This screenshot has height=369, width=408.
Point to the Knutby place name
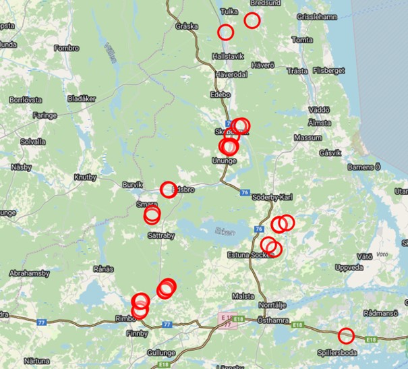pos(86,177)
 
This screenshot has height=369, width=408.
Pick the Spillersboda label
pos(337,352)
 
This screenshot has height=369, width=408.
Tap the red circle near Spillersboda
pos(346,335)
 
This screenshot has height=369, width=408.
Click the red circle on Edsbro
pos(168,190)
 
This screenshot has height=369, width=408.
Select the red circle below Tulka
pos(225,32)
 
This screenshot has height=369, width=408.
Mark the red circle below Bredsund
pos(252,20)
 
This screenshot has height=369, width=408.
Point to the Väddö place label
pos(318,110)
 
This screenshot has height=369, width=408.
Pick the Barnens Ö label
pos(364,166)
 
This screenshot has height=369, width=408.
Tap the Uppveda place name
pos(349,268)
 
